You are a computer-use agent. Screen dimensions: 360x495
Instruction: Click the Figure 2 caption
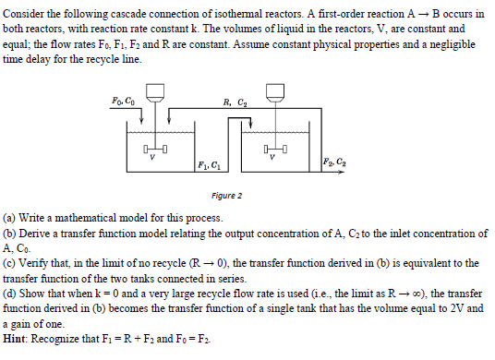pos(226,196)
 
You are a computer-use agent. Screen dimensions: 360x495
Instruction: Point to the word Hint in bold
pos(16,340)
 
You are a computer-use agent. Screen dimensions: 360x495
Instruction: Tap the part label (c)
pos(11,262)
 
